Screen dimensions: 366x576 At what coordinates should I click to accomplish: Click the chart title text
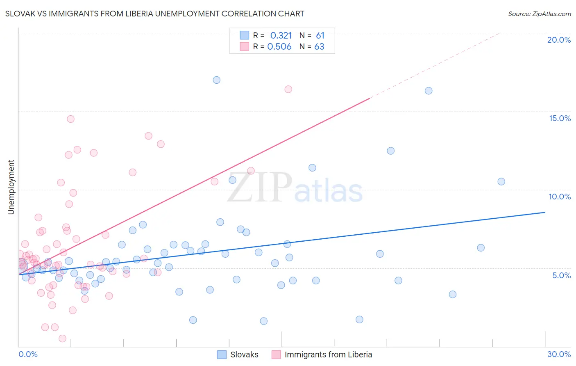(154, 14)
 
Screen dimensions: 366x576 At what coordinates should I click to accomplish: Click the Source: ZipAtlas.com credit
(539, 14)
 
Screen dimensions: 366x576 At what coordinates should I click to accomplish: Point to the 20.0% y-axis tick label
(559, 40)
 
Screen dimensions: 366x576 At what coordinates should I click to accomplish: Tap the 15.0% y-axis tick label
(560, 118)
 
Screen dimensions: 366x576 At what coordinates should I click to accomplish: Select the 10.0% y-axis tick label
(560, 197)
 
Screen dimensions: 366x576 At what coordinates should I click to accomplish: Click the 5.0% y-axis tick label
(561, 275)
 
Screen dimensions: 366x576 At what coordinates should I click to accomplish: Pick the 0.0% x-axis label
(28, 354)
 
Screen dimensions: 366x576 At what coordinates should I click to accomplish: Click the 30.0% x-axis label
(559, 354)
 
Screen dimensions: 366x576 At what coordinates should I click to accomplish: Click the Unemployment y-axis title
(11, 187)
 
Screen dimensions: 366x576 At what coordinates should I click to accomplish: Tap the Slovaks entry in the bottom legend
(244, 355)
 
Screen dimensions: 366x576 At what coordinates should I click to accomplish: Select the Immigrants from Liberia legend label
(328, 355)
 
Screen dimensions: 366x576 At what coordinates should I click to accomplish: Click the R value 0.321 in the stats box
(281, 36)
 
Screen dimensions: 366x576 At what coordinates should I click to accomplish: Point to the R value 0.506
(279, 47)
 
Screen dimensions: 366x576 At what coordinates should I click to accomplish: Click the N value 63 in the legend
(319, 47)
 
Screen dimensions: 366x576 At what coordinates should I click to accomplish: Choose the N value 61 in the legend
(320, 36)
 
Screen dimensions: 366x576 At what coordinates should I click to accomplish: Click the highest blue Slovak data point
(217, 80)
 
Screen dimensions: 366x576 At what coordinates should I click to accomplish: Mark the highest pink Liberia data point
(288, 89)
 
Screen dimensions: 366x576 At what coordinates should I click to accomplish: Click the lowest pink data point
(63, 339)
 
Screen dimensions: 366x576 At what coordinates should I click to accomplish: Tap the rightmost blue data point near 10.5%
(501, 182)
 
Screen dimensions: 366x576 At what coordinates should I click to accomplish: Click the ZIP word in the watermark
(260, 188)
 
